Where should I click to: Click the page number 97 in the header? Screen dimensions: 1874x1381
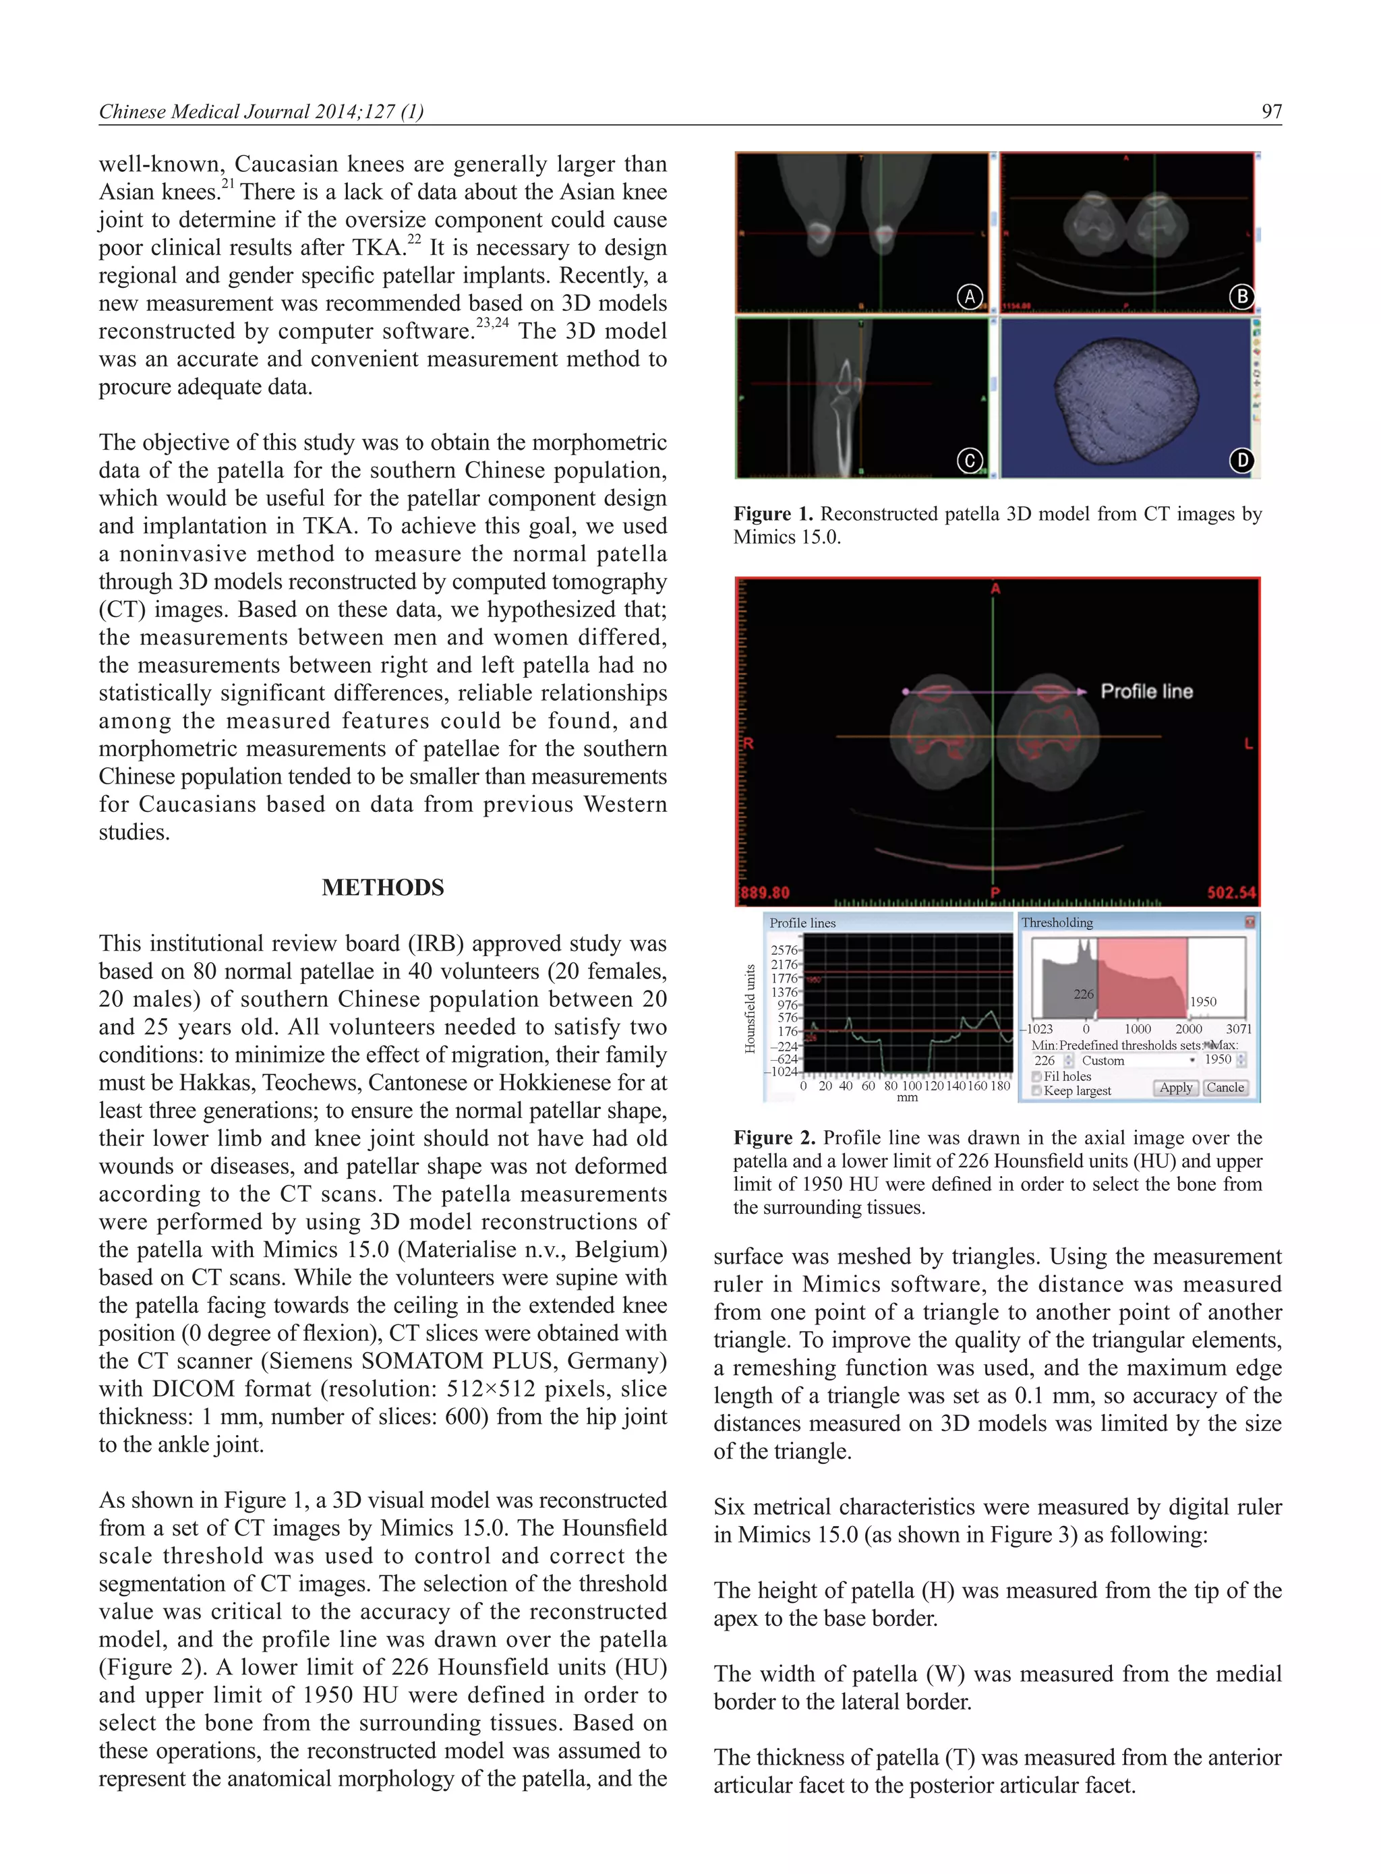1270,111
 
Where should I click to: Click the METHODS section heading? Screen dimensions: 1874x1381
383,887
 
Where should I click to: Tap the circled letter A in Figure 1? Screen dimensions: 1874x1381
969,297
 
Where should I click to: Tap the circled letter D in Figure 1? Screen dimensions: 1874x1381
1241,461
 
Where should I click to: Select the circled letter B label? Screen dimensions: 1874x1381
1241,297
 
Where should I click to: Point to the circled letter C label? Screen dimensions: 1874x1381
969,461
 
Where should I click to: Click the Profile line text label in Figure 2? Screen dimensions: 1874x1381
1146,691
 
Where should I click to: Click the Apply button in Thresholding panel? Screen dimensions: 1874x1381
1175,1088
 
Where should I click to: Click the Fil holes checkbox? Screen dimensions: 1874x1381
1036,1076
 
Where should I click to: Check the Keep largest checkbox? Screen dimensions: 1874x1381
1036,1091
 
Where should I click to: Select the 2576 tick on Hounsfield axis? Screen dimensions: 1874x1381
784,949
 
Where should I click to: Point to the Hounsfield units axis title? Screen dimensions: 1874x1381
750,1008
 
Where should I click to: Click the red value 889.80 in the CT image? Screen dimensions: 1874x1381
765,892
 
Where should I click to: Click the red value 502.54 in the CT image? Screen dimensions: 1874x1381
1231,892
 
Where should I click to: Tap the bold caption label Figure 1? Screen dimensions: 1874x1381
773,514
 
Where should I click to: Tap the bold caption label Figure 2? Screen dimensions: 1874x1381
773,1138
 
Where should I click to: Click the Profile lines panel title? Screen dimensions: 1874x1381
802,923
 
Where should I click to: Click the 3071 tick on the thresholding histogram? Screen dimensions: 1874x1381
1238,1029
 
